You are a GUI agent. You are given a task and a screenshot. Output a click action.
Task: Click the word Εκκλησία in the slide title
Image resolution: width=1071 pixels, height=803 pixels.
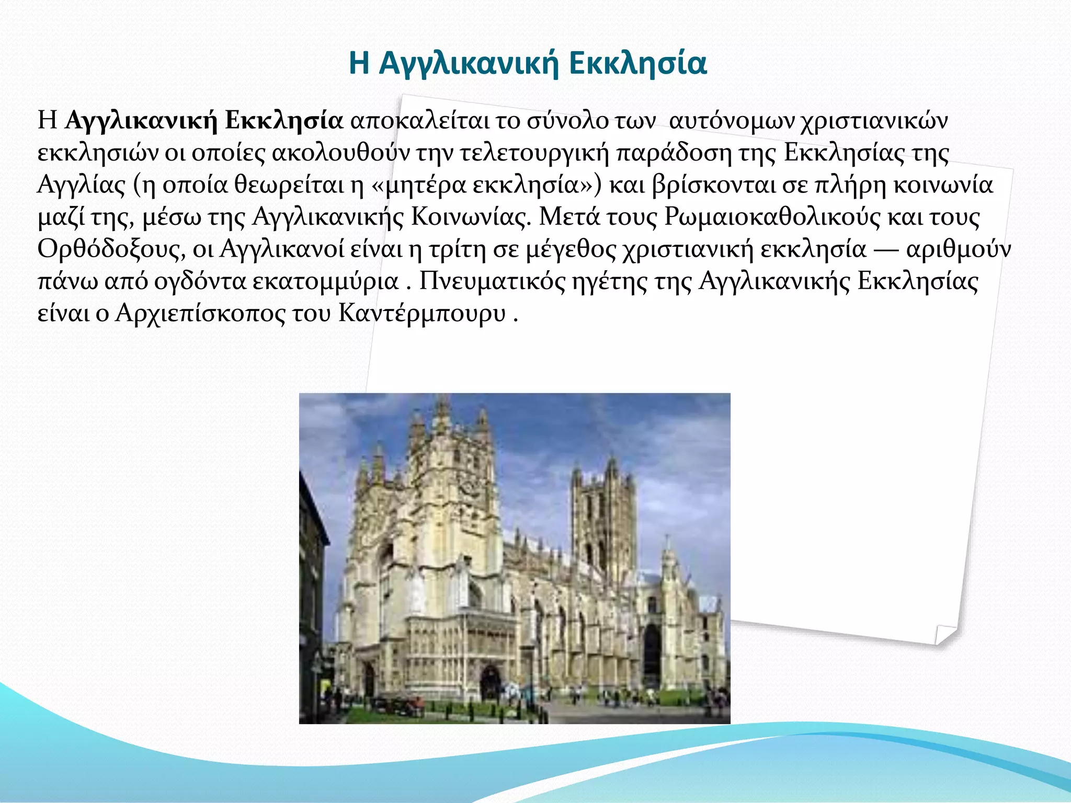(x=637, y=63)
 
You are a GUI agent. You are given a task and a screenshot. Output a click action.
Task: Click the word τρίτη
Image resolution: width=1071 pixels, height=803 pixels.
(x=458, y=249)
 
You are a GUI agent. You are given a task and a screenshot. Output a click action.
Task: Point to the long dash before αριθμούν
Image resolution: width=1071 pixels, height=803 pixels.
(x=886, y=250)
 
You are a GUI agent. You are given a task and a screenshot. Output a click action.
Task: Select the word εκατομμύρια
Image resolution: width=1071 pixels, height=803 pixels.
(x=325, y=281)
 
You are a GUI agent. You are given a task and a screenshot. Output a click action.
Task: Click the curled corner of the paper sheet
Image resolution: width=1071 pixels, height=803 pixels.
(x=944, y=634)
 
